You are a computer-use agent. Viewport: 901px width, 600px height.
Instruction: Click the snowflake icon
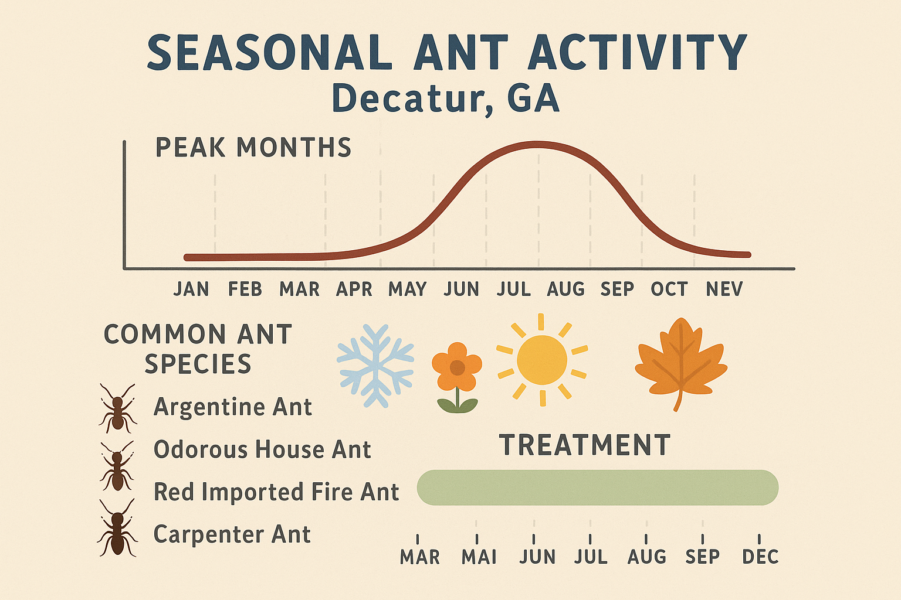pos(375,366)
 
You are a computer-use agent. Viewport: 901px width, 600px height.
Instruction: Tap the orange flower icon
pos(457,375)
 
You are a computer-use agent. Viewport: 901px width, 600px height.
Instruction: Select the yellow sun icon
pos(542,360)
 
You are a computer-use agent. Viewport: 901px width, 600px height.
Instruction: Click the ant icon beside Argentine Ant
pos(117,408)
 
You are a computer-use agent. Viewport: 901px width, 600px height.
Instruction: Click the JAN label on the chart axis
pos(191,289)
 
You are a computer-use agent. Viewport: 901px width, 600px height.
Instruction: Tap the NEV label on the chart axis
pos(724,289)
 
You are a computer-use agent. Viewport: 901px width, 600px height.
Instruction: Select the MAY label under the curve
pos(407,289)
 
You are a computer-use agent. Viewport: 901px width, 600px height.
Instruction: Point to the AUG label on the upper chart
pos(565,289)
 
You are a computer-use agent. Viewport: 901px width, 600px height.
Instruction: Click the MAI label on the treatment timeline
pos(479,557)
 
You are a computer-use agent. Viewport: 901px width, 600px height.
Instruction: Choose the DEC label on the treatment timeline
pos(760,557)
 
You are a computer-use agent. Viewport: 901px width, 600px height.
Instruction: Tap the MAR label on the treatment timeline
pos(419,557)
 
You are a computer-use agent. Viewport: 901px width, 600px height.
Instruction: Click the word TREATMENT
pos(585,445)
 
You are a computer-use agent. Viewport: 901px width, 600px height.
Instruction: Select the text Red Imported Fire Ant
pos(276,492)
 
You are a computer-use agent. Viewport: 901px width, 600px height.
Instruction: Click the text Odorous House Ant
pos(262,450)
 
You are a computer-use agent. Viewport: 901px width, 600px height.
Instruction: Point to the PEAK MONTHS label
pos(253,148)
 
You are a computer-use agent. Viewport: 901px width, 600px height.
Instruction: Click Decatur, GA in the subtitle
pos(446,98)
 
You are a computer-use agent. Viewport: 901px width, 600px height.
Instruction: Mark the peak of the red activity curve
pos(537,144)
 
